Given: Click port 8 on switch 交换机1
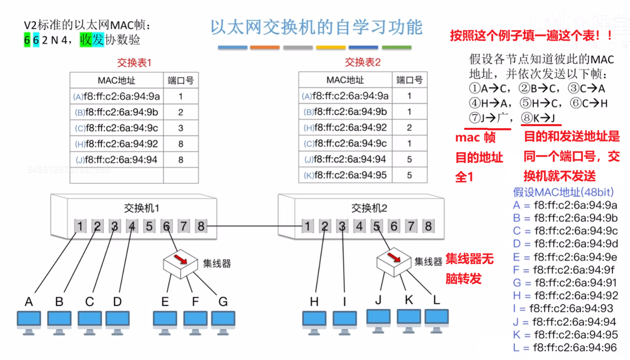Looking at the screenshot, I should (201, 226).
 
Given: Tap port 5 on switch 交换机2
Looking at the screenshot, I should (377, 226).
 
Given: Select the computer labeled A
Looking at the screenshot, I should (29, 322).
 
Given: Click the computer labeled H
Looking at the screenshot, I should (314, 322).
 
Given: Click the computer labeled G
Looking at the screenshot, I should (223, 322).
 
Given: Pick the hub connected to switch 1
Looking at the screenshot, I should (180, 263).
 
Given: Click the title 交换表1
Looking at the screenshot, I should (134, 63).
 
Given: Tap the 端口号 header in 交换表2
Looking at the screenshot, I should (409, 80).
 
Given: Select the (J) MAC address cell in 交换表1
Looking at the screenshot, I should (117, 159).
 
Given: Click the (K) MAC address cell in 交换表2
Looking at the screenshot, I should (345, 175).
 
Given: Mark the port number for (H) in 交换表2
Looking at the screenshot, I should (409, 127).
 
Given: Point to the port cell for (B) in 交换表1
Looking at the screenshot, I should (181, 112).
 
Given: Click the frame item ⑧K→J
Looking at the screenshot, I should (538, 118).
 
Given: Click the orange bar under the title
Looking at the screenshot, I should (265, 48).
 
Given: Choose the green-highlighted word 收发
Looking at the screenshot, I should (92, 40).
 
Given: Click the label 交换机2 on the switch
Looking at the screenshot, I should (369, 208).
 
